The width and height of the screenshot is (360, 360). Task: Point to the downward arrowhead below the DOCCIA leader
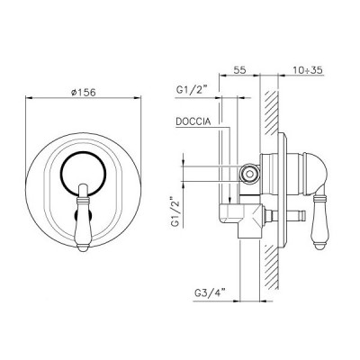pos(231,199)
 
